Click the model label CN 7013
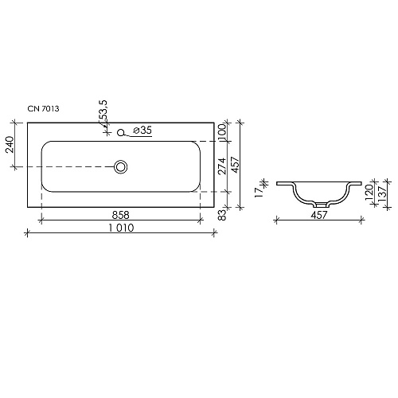pyautogui.click(x=43, y=108)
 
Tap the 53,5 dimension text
pyautogui.click(x=103, y=111)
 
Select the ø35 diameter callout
pyautogui.click(x=142, y=131)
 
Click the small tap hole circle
pyautogui.click(x=121, y=132)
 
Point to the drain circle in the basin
pyautogui.click(x=121, y=167)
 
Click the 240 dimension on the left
pyautogui.click(x=10, y=145)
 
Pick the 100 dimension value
pyautogui.click(x=222, y=131)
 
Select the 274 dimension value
pyautogui.click(x=222, y=166)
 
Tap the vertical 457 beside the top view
pyautogui.click(x=235, y=165)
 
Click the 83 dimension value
pyautogui.click(x=223, y=214)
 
